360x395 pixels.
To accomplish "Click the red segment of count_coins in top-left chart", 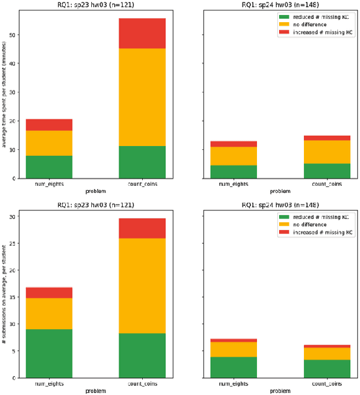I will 142,33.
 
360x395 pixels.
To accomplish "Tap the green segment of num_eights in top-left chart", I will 49,166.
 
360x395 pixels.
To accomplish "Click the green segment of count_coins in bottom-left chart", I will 142,355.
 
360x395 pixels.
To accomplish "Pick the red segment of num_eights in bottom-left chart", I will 49,293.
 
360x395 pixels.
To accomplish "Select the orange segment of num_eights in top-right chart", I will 233,156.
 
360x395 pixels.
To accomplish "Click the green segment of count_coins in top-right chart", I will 327,170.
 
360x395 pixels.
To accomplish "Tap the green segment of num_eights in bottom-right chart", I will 233,367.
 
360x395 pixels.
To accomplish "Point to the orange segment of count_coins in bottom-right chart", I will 327,353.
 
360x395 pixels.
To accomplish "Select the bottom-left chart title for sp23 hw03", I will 95,205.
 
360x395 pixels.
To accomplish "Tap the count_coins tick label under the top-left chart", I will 142,184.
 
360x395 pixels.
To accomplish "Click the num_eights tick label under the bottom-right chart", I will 233,384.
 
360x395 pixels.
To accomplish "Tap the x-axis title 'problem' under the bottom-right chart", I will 280,391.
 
